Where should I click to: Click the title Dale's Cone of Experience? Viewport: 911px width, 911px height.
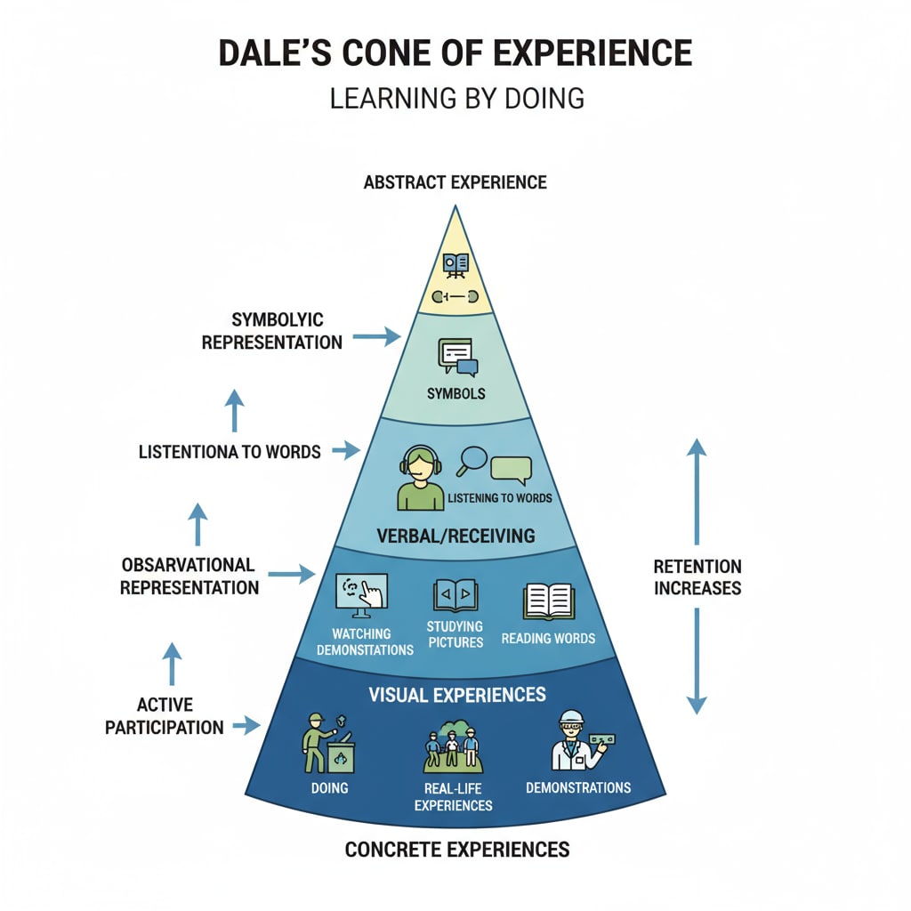click(455, 53)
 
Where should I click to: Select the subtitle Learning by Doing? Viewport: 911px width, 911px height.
click(456, 97)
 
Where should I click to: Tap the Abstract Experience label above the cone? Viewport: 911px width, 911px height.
click(455, 182)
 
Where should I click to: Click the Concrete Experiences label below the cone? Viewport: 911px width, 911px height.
click(456, 850)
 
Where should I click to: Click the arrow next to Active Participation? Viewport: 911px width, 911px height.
click(245, 726)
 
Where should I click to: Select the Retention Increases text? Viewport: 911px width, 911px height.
click(697, 577)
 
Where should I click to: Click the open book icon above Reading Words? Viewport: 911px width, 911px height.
click(548, 601)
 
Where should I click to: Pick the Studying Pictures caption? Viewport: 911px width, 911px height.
click(455, 634)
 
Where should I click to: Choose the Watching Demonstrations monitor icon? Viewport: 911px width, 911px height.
click(360, 595)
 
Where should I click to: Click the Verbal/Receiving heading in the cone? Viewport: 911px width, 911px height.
click(455, 536)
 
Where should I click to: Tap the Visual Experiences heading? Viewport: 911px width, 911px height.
click(457, 694)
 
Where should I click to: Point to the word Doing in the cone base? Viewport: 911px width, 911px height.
click(329, 788)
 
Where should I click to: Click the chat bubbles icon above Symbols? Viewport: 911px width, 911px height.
click(457, 357)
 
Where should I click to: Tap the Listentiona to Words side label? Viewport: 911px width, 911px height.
click(230, 452)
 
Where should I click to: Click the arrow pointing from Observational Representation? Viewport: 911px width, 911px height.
click(291, 575)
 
